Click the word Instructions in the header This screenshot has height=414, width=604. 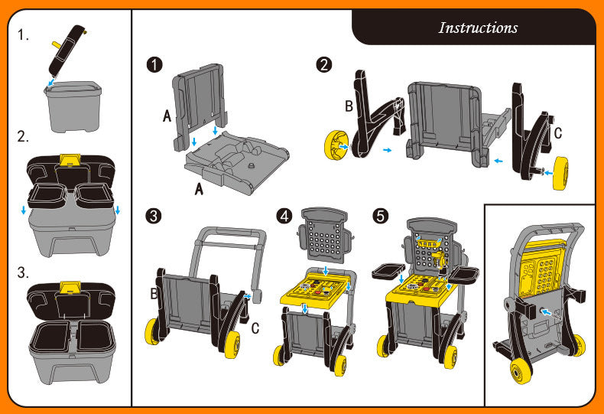point(478,28)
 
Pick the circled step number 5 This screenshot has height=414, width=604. point(380,217)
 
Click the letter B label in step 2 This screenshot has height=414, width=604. point(349,106)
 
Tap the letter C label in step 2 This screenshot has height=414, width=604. point(557,133)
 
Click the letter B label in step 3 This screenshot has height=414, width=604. point(153,293)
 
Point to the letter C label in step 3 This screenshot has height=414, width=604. point(255,328)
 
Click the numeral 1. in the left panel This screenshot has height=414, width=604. point(24,35)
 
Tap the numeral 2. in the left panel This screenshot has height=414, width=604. point(24,138)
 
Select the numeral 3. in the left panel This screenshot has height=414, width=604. point(24,272)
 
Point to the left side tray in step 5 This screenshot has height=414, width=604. point(387,271)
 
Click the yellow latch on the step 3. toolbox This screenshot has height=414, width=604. point(71,288)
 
